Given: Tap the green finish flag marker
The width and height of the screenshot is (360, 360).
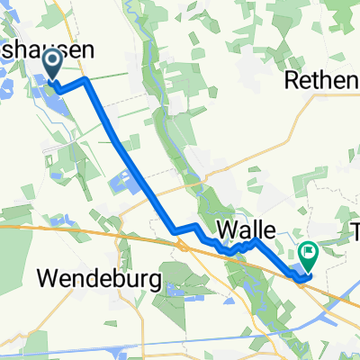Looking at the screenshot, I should (x=308, y=255).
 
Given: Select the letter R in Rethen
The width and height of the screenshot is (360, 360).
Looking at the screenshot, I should (x=292, y=82).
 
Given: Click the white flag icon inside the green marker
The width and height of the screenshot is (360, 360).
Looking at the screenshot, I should (x=308, y=253).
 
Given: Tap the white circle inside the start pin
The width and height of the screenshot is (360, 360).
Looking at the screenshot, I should (x=51, y=60).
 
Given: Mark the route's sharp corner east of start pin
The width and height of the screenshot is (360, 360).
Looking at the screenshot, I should (x=86, y=79).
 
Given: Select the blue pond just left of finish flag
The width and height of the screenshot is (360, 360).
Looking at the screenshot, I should (x=294, y=266).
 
